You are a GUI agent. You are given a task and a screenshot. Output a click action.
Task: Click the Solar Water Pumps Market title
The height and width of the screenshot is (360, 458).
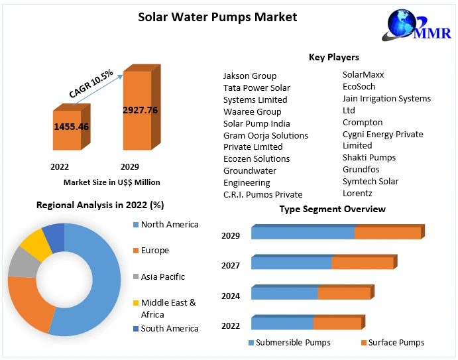coord(217,17)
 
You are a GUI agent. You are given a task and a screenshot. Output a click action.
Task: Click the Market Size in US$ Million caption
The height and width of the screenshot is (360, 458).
coord(111,182)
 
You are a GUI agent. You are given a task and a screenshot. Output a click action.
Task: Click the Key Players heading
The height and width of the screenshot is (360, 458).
coord(333,58)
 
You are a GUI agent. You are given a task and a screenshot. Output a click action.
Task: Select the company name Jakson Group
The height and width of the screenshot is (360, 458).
coord(250,76)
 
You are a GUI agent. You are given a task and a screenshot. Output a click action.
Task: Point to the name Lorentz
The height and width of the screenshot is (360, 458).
coord(357,193)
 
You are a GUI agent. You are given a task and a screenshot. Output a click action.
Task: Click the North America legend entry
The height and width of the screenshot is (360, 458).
coord(169,225)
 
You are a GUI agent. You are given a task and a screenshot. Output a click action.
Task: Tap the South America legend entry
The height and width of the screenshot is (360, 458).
coord(169,328)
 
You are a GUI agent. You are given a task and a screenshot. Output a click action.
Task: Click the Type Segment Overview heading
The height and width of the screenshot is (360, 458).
coord(332,209)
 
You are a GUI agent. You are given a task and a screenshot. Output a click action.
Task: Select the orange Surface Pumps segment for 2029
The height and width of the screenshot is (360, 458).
coord(388,233)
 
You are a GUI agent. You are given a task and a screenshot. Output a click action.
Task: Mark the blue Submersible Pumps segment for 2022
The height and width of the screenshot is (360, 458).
coord(282,324)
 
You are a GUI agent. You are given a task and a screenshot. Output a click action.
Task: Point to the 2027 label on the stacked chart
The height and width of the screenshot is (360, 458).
coord(231,265)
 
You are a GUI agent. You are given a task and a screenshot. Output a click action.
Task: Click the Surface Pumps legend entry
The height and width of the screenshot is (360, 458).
coord(396,343)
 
